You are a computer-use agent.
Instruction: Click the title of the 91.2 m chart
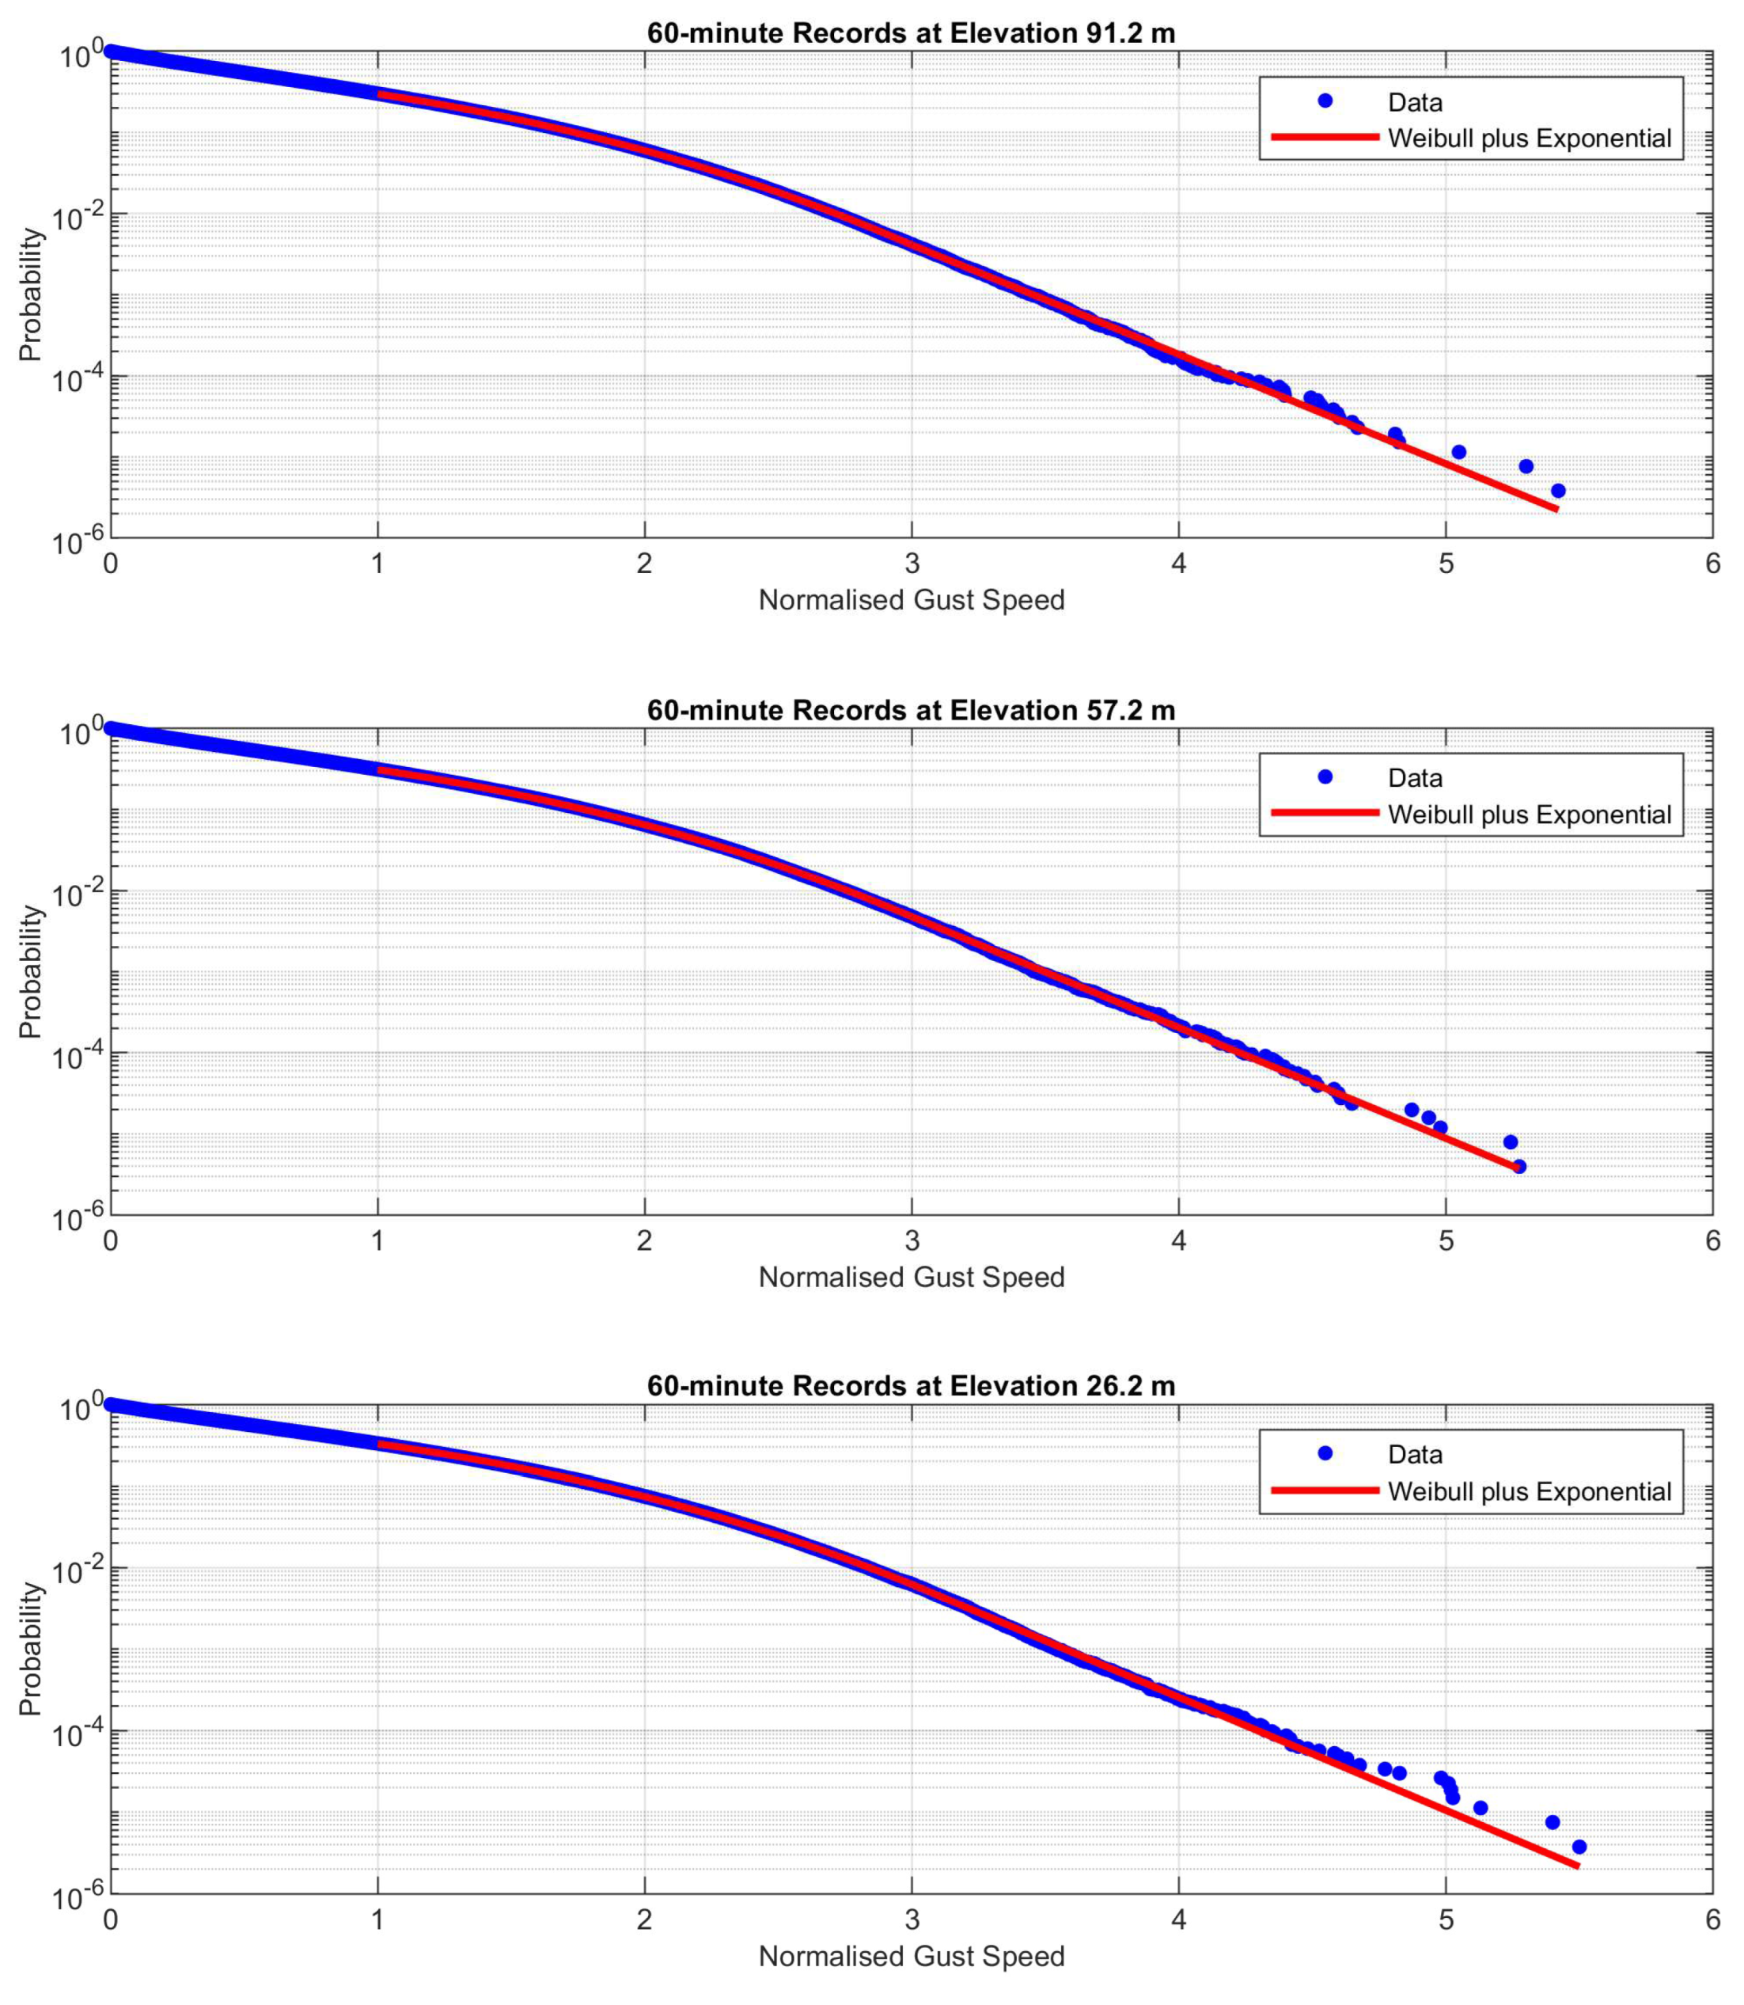click(911, 33)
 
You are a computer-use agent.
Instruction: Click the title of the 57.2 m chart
click(911, 711)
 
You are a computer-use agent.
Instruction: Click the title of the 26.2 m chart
click(911, 1386)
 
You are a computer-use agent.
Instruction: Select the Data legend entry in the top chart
click(1414, 102)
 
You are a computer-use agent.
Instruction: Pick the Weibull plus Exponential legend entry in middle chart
click(1529, 815)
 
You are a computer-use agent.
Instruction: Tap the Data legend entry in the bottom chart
click(1414, 1454)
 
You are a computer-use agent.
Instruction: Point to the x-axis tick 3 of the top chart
click(912, 564)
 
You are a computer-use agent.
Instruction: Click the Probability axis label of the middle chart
click(31, 971)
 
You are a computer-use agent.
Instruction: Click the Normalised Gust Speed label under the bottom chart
click(911, 1957)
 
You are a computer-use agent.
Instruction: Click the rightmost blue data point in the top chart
click(1558, 491)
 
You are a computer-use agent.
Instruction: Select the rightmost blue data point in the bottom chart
click(1579, 1847)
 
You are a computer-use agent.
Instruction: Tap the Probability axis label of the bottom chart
click(31, 1649)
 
